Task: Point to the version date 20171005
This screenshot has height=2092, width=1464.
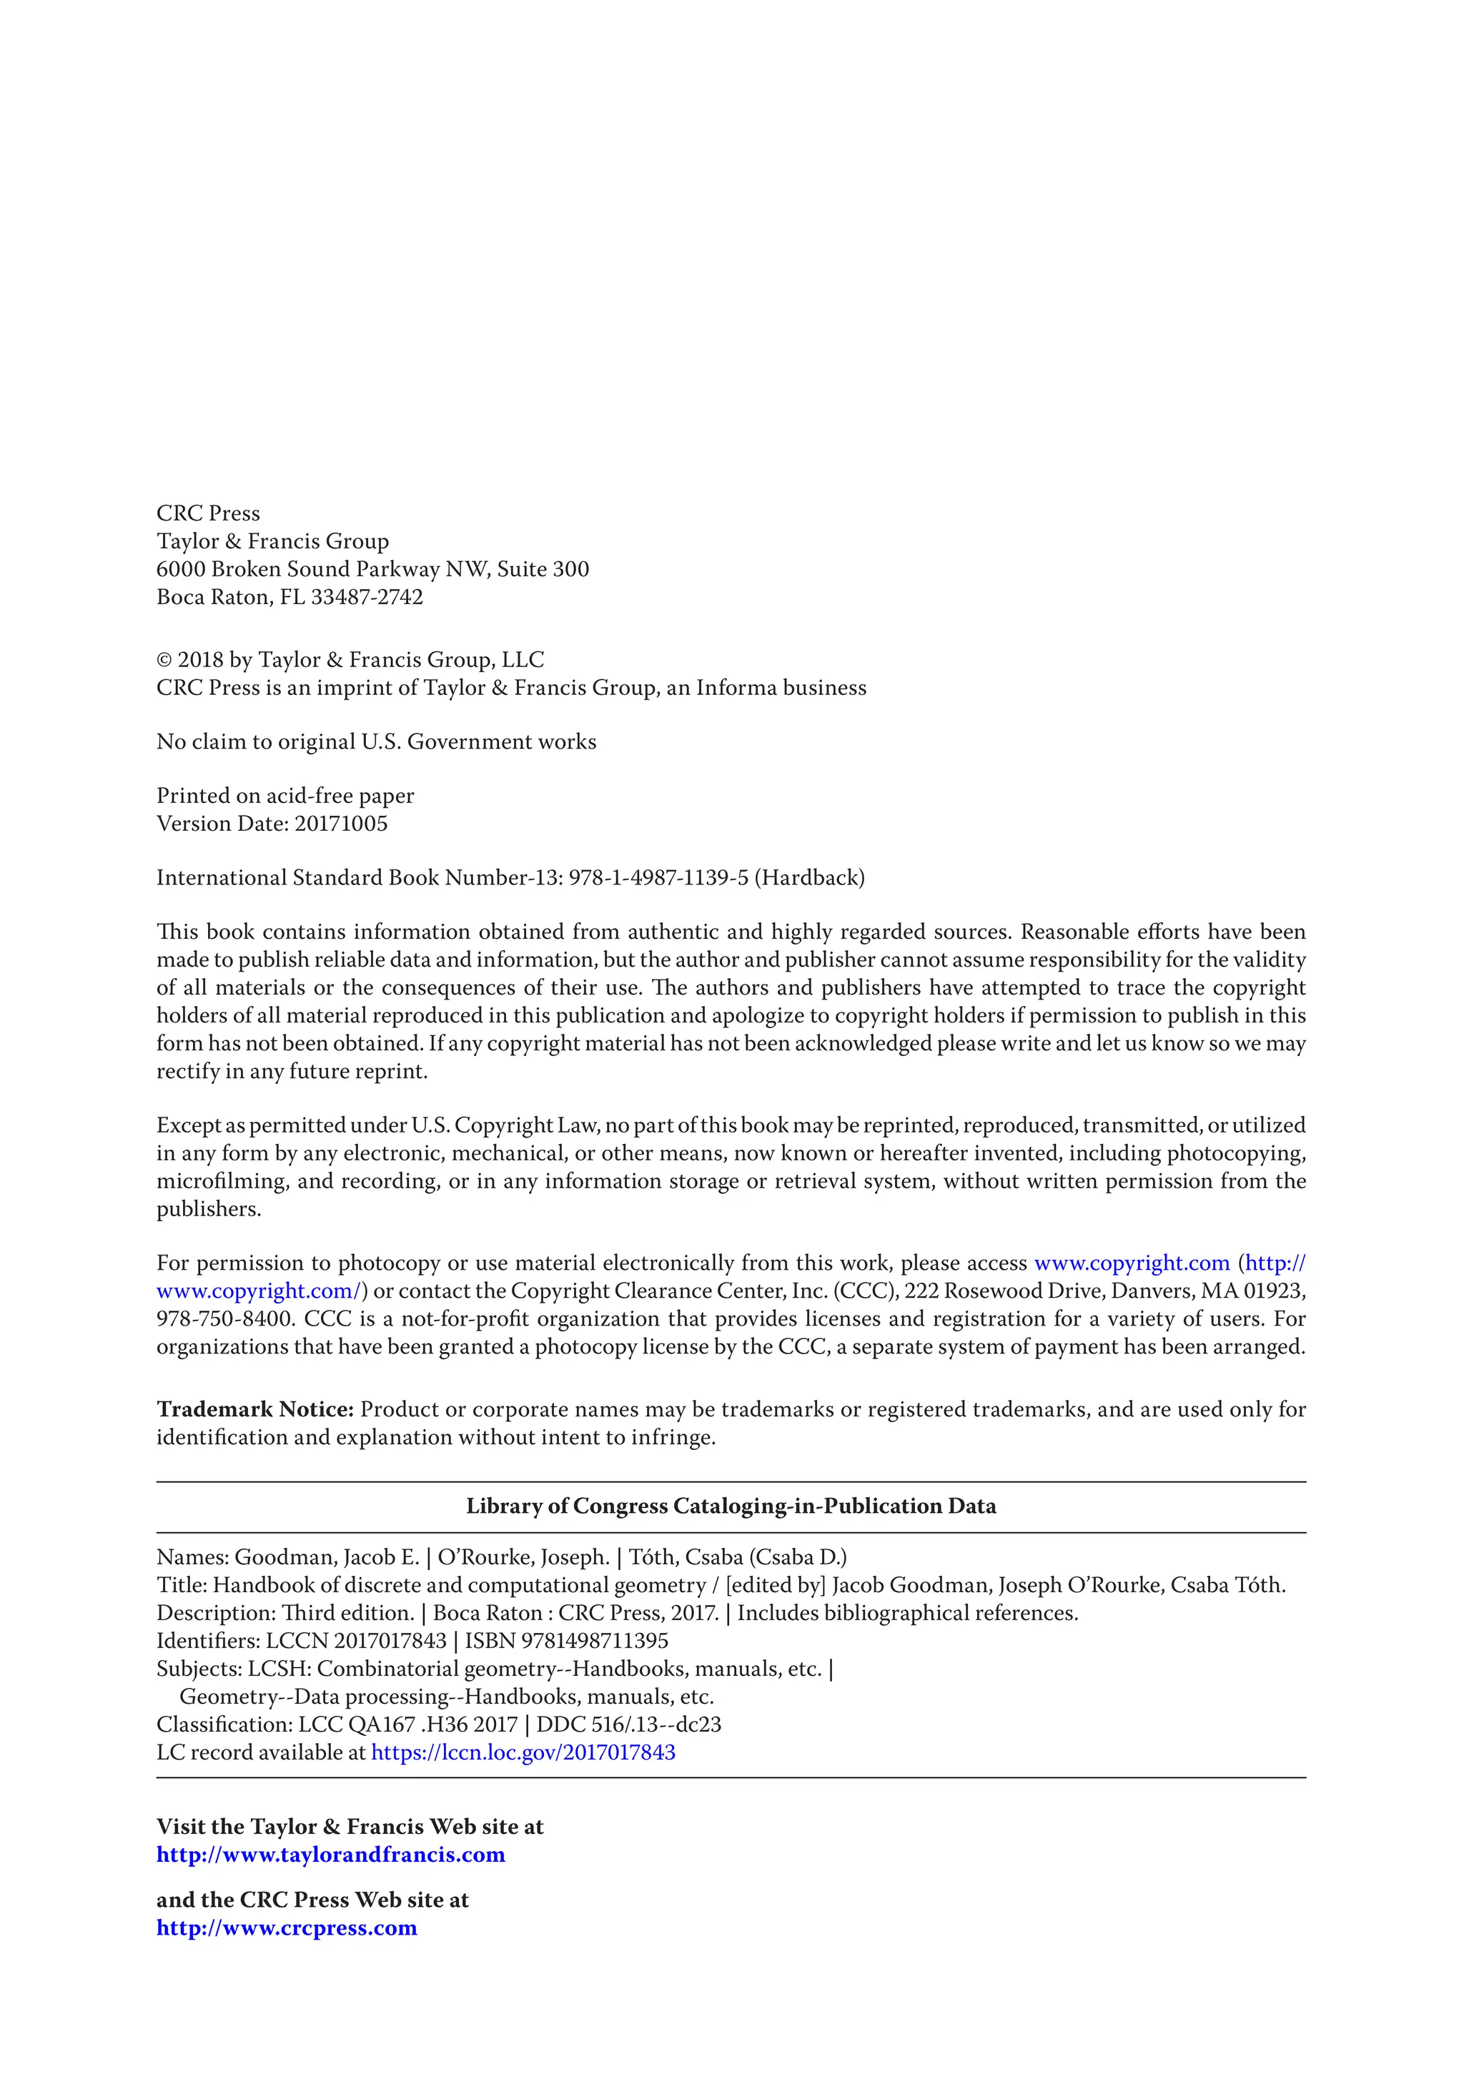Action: (x=341, y=824)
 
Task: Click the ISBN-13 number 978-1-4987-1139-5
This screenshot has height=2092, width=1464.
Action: (x=658, y=879)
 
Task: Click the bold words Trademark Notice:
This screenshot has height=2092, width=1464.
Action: (x=255, y=1409)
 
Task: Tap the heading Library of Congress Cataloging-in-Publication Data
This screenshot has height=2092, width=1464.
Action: (x=731, y=1506)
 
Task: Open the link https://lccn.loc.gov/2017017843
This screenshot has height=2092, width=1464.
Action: (x=523, y=1752)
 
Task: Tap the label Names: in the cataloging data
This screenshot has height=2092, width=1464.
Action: (x=192, y=1557)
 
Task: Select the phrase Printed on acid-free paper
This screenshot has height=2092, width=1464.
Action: (x=285, y=796)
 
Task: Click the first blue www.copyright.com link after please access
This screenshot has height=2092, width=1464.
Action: (x=1132, y=1264)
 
